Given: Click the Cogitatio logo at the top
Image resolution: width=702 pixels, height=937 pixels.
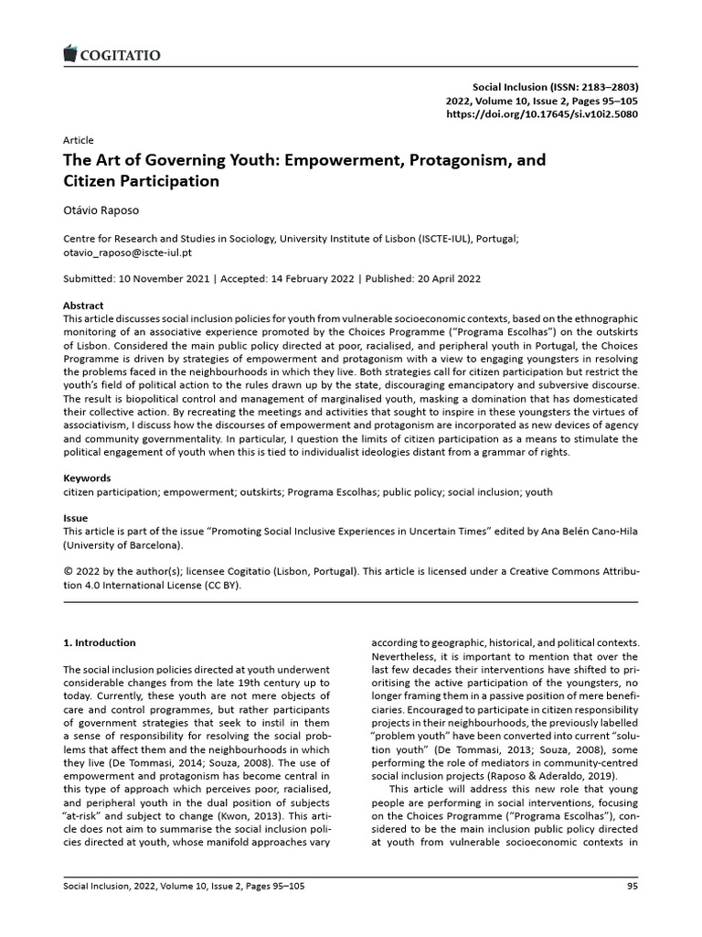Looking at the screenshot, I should [112, 56].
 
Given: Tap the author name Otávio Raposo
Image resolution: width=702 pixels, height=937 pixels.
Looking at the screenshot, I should [101, 209].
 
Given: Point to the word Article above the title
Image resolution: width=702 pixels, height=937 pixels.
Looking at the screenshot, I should [78, 140].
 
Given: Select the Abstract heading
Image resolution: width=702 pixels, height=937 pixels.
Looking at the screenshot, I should [83, 305].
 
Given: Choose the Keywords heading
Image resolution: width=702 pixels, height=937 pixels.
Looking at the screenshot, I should [86, 478].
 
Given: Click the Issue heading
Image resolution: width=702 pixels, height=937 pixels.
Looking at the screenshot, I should [75, 518].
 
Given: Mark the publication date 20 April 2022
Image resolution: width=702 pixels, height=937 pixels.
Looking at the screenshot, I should [441, 278].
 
